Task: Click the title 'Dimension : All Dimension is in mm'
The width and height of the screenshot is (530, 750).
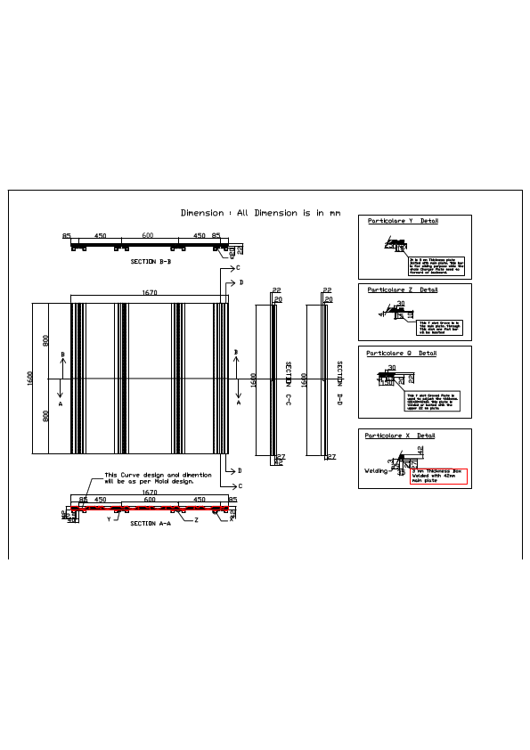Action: point(260,214)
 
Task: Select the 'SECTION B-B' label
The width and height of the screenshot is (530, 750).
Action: point(151,262)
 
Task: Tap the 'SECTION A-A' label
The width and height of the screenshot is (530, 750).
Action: point(150,524)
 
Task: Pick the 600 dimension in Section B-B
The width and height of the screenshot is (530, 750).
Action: point(148,236)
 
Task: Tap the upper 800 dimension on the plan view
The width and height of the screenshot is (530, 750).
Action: point(46,341)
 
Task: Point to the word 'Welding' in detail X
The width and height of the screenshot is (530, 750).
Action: point(376,470)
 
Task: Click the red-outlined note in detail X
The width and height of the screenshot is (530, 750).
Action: point(438,476)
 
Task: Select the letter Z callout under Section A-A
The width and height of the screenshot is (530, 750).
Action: point(196,519)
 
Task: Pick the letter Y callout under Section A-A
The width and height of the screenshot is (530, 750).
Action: point(109,518)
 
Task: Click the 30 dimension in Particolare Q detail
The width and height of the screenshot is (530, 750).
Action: point(392,367)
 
